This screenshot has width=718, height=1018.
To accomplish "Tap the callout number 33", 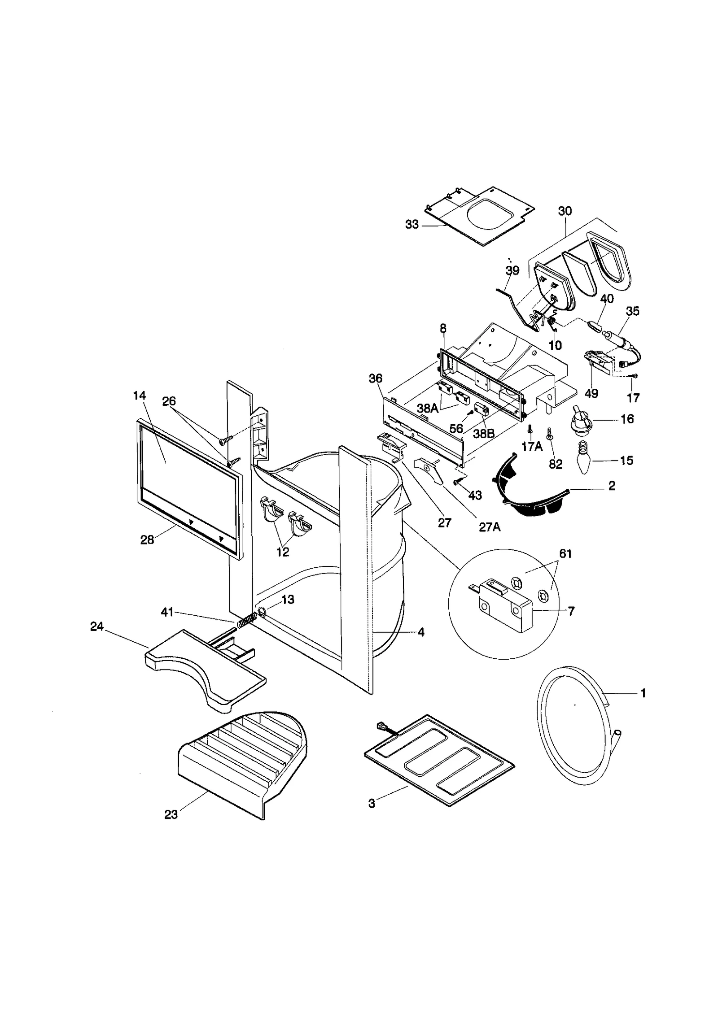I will click(412, 224).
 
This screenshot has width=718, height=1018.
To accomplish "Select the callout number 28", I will click(147, 540).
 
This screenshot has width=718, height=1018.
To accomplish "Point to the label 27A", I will click(490, 527).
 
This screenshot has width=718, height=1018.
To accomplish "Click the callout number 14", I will click(140, 396).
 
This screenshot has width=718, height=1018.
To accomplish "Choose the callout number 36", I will click(376, 378).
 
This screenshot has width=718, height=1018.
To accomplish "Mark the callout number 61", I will click(565, 554).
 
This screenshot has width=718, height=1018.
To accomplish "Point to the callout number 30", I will click(565, 211).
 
